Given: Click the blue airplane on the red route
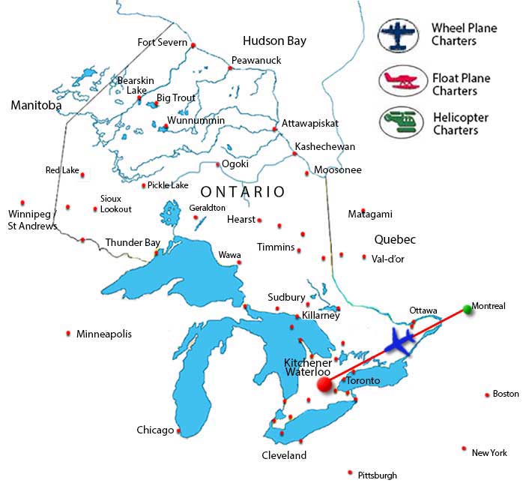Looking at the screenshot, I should click(x=402, y=342).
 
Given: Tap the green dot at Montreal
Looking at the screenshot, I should click(x=468, y=308).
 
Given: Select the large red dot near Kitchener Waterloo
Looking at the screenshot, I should click(x=324, y=385).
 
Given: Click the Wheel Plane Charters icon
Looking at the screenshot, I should click(x=399, y=35).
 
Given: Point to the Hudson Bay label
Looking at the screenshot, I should click(x=274, y=40).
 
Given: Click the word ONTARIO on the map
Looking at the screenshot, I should click(x=243, y=192).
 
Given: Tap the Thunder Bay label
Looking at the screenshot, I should click(x=133, y=242).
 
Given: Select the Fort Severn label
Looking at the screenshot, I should click(x=162, y=42).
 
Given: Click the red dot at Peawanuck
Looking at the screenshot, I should click(x=231, y=68).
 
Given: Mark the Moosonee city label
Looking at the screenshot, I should click(x=338, y=170).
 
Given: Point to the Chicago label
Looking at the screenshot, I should click(x=155, y=430).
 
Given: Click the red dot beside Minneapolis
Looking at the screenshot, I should click(x=69, y=333).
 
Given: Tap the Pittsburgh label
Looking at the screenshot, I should click(x=378, y=475).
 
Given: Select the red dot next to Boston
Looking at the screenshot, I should click(x=487, y=394).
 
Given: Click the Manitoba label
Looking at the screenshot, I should click(x=36, y=106).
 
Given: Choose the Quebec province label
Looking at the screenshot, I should click(x=394, y=239).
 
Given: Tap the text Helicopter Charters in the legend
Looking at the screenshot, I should click(x=460, y=124).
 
